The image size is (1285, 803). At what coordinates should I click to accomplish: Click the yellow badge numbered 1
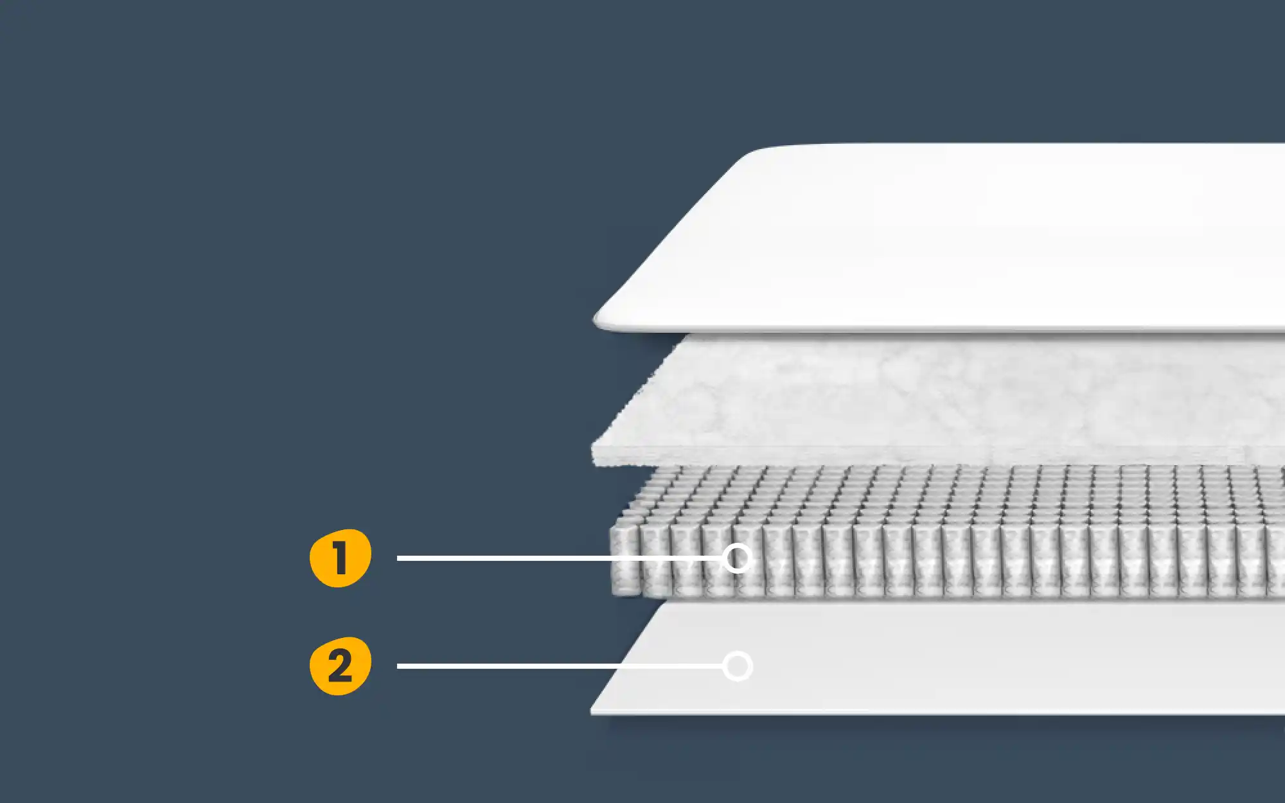click(x=341, y=558)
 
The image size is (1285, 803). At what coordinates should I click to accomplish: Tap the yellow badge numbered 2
click(x=341, y=666)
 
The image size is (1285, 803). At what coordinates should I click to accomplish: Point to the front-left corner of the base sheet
click(x=592, y=712)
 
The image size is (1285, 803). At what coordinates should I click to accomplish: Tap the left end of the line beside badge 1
click(x=398, y=558)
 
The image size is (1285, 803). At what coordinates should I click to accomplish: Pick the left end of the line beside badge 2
click(x=398, y=666)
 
